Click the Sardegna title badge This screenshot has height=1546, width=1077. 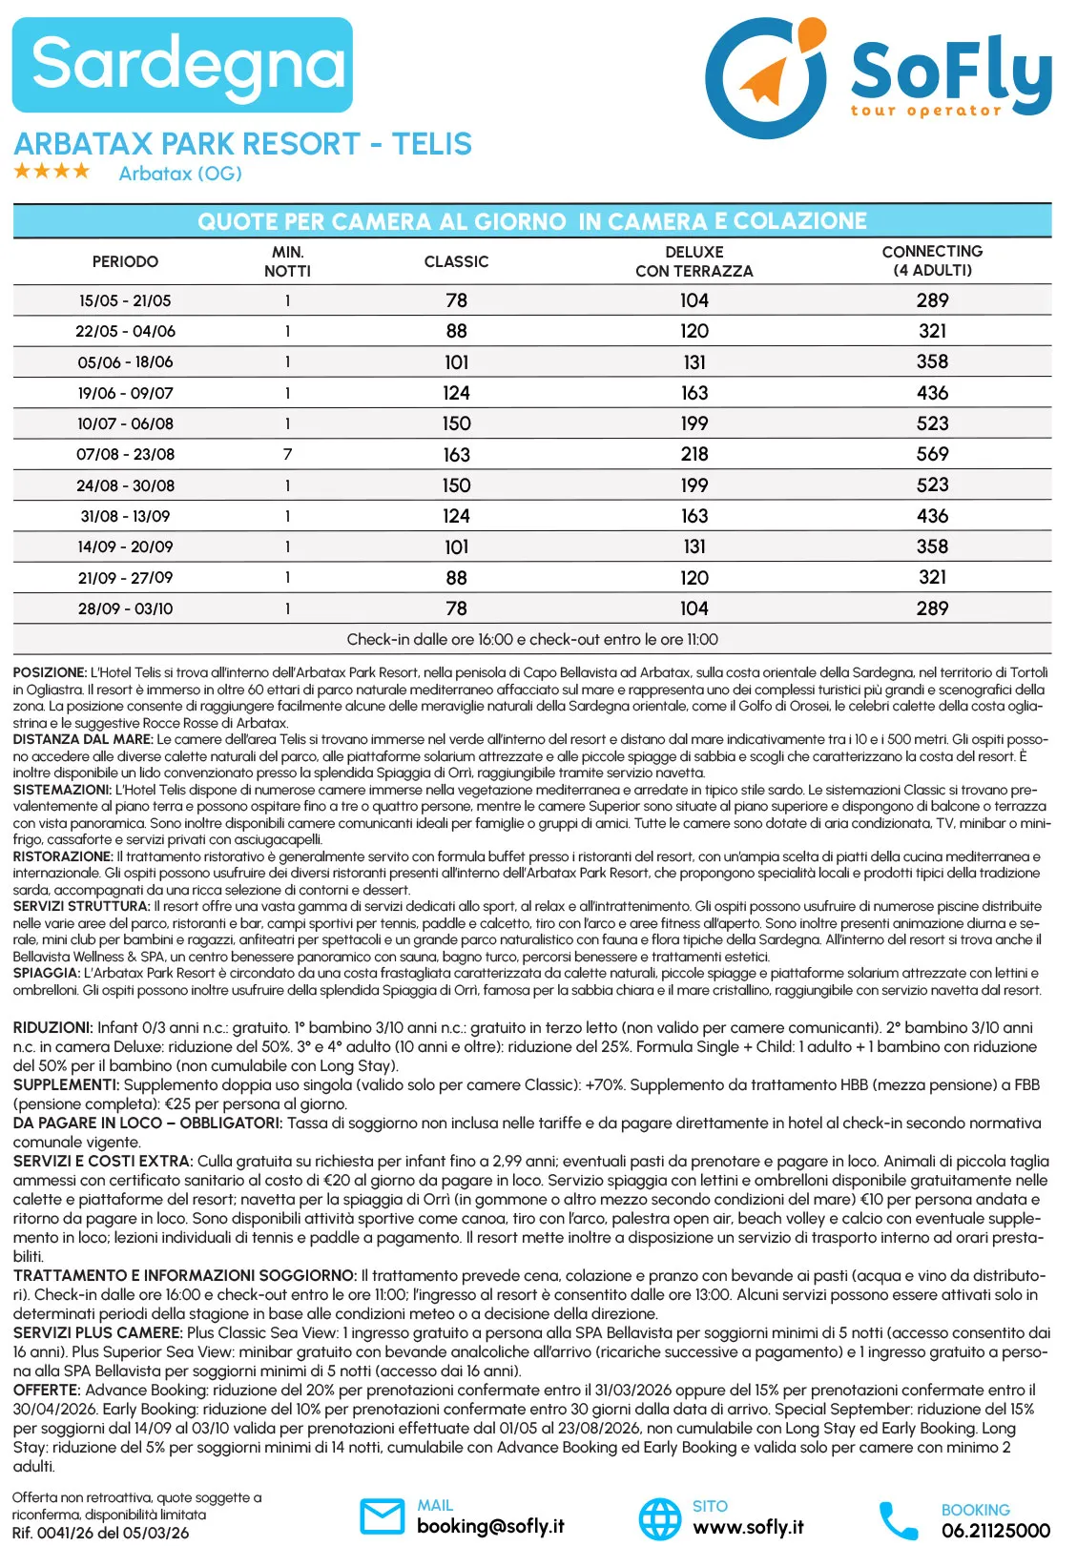[182, 65]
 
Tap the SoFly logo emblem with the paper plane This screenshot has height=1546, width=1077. [767, 77]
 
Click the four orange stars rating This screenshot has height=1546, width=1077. [52, 172]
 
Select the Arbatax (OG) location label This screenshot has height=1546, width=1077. [180, 174]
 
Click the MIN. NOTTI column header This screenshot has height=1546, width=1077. [287, 261]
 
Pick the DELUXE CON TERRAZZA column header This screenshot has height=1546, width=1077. [694, 261]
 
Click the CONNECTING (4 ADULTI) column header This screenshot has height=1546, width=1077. [932, 260]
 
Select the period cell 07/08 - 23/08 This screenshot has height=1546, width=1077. [125, 455]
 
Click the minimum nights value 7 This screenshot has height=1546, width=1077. [287, 455]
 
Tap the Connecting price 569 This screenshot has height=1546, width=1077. [932, 455]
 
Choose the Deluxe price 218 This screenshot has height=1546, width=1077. [694, 455]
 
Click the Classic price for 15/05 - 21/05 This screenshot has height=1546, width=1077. [456, 300]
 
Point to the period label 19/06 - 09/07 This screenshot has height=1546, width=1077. [125, 393]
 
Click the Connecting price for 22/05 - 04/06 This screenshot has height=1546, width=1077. [932, 331]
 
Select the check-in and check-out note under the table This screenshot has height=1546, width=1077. [532, 639]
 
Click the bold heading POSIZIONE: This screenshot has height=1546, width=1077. [50, 672]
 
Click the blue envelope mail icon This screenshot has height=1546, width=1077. [382, 1515]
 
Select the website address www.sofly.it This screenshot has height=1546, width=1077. [747, 1527]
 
